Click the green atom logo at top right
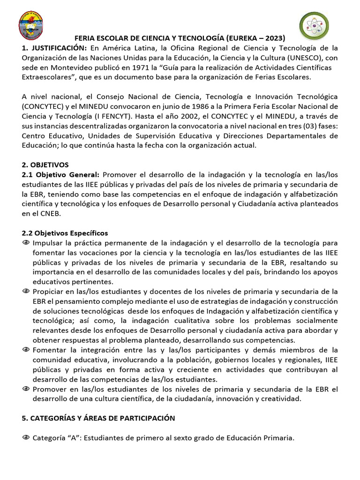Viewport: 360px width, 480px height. tap(314, 26)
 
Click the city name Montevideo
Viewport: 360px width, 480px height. tap(65, 67)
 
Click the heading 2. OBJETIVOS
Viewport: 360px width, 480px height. tap(45, 165)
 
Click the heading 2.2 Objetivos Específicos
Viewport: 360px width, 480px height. tap(65, 233)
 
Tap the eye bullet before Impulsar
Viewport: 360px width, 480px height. tap(26, 243)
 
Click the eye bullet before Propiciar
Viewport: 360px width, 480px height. tap(26, 292)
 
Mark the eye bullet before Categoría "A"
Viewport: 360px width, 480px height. tap(26, 438)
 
